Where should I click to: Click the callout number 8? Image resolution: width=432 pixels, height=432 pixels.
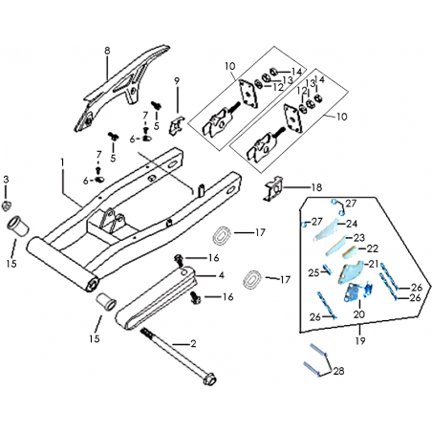107,51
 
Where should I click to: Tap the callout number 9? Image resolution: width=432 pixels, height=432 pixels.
177,81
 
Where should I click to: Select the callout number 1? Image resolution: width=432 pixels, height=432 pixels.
62,162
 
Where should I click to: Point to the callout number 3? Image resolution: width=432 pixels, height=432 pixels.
6,180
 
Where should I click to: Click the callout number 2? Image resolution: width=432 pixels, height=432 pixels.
193,344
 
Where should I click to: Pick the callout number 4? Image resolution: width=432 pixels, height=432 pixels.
222,275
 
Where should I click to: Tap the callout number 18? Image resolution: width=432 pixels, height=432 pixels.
316,187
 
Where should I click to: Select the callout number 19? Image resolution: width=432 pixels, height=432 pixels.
360,341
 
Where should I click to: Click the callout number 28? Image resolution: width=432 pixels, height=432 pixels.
338,371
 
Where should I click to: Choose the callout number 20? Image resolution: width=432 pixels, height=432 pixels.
358,314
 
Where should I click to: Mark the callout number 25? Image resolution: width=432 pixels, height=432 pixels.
313,272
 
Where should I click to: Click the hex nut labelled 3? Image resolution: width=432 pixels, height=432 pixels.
6,206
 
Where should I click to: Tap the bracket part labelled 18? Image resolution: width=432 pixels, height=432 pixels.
273,189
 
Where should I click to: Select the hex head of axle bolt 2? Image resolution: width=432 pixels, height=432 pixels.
209,378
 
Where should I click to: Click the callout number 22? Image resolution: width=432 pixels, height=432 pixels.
372,248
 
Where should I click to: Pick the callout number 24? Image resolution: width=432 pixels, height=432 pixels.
352,224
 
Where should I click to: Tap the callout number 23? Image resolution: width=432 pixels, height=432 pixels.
359,238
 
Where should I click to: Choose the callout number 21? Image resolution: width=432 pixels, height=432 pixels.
374,264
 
